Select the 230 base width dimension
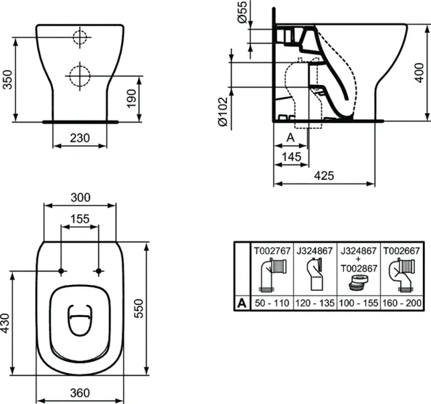click(x=80, y=138)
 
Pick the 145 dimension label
click(x=292, y=157)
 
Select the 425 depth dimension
click(x=324, y=175)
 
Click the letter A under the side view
click(x=291, y=137)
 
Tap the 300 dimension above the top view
click(x=80, y=197)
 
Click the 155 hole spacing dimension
click(x=80, y=218)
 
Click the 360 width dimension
click(x=80, y=391)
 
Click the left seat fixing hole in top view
click(x=61, y=271)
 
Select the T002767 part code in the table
click(x=271, y=250)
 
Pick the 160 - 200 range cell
click(x=402, y=303)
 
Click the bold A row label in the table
click(x=240, y=303)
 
